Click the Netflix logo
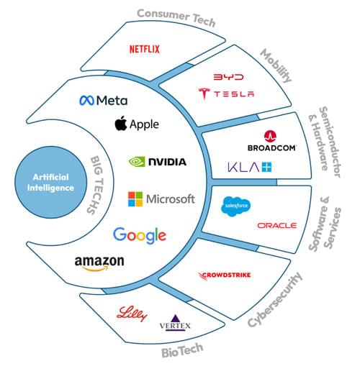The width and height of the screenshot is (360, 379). point(145,50)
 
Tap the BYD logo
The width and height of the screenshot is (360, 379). point(228,77)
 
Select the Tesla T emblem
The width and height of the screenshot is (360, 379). point(204,93)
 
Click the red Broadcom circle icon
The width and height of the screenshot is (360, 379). point(270,137)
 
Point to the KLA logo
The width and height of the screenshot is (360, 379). point(249,168)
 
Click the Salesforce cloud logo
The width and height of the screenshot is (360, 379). point(235,206)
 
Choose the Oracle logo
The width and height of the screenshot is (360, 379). point(276,226)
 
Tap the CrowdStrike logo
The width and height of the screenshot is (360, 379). point(224,275)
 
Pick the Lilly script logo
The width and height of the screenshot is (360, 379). point(132,314)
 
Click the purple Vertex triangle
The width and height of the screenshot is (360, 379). point(175,319)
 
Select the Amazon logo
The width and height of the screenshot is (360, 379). point(99,263)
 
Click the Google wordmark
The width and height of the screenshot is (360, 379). point(140,235)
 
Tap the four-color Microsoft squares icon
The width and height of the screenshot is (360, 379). point(135,199)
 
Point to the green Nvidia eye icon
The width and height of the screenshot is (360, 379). point(137,162)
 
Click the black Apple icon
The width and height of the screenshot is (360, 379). point(121,123)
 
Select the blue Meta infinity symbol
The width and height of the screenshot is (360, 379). point(86,101)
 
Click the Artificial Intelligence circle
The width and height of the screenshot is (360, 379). point(51,182)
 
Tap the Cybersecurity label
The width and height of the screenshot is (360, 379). point(275,299)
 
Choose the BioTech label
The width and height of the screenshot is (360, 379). point(182,350)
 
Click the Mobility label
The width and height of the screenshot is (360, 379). point(276,65)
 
